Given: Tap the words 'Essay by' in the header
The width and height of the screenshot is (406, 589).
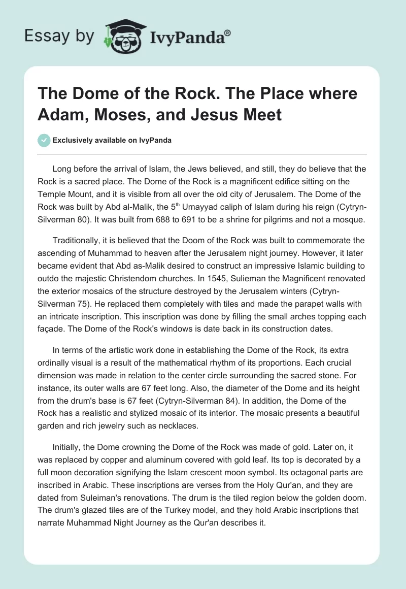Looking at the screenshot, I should coord(59,36).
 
